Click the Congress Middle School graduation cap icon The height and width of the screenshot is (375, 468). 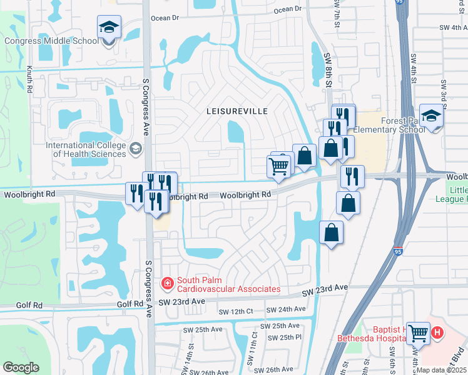[109, 27]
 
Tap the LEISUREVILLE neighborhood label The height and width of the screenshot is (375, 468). [237, 111]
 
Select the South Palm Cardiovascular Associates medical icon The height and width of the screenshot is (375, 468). [168, 284]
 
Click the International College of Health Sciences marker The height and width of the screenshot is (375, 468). [136, 148]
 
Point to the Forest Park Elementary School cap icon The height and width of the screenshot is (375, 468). [431, 116]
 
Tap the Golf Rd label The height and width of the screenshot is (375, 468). [130, 304]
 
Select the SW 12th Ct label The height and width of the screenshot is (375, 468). [235, 311]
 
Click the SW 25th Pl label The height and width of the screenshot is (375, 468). [285, 337]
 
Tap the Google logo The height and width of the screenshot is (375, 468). [21, 367]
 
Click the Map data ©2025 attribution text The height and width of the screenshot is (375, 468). [440, 370]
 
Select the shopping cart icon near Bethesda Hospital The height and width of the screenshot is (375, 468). [418, 333]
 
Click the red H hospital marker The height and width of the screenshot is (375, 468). [437, 334]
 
